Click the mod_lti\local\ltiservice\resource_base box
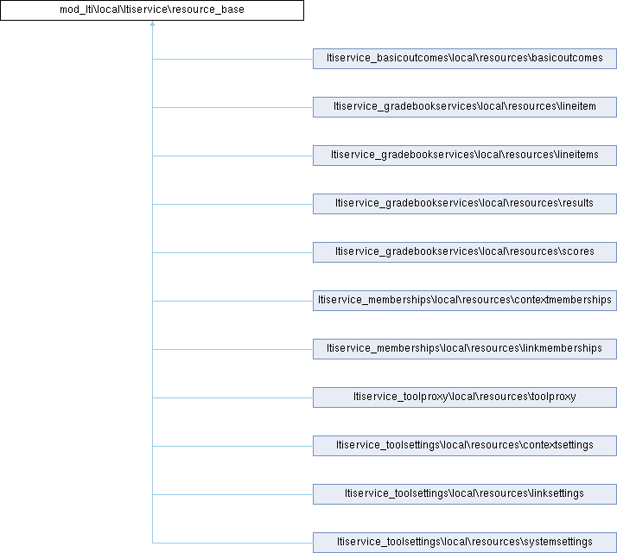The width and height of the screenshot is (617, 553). (x=152, y=10)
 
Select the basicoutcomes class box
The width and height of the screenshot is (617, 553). (x=465, y=59)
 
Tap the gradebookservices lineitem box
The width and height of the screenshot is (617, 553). (x=465, y=107)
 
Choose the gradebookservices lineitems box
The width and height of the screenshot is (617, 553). (x=465, y=156)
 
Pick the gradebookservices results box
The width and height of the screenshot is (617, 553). (x=465, y=204)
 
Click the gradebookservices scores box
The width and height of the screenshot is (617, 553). (x=465, y=252)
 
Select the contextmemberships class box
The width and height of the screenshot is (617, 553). (x=465, y=301)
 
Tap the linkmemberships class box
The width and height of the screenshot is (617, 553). (x=465, y=349)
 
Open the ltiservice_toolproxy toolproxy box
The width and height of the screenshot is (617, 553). (x=465, y=397)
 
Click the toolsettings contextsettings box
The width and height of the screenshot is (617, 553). (x=465, y=446)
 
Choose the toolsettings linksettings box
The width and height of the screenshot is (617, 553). (x=465, y=494)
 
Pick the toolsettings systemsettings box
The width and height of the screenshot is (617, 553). (x=465, y=543)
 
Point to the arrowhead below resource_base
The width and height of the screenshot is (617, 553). (x=152, y=23)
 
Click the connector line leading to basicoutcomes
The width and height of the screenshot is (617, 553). (x=232, y=59)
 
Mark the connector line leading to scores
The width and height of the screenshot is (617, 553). (x=232, y=252)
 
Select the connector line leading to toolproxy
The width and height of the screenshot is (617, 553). (x=232, y=398)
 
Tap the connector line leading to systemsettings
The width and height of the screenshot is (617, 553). (x=232, y=543)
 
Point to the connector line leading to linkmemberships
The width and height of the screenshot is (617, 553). (x=232, y=349)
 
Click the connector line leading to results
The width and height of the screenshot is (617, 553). (x=232, y=204)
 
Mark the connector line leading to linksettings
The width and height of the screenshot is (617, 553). (x=232, y=495)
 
